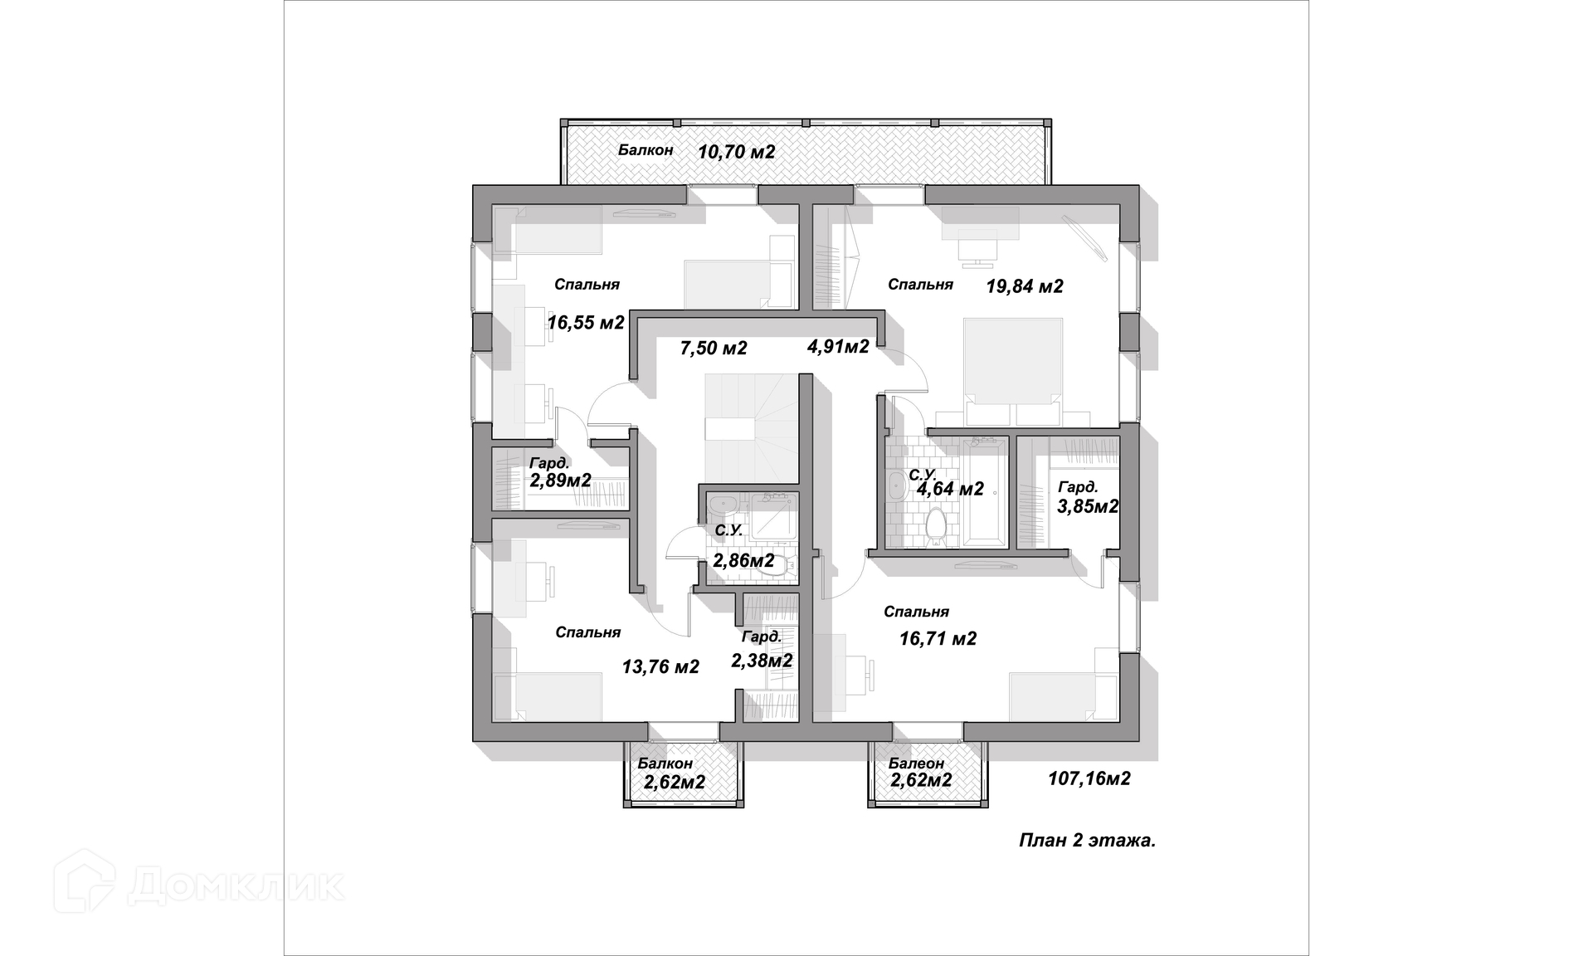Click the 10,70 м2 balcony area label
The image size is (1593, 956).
736,152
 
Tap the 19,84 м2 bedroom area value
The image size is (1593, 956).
1025,286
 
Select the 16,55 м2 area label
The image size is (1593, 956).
586,322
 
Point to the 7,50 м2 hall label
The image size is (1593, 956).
714,348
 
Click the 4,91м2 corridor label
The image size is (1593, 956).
838,346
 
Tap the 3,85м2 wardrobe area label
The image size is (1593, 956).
1088,505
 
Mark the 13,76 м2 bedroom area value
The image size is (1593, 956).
660,666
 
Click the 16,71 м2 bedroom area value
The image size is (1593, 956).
938,638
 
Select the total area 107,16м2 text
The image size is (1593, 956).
1089,778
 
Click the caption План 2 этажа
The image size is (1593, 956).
1087,841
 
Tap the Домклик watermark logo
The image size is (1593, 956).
199,885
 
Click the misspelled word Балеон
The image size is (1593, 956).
916,763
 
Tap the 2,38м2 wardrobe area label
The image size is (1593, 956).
762,661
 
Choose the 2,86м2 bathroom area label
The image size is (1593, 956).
743,560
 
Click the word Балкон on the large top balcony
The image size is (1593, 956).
645,150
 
